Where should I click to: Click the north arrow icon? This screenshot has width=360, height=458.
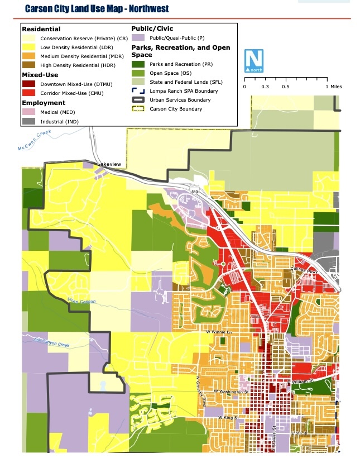[x=254, y=60]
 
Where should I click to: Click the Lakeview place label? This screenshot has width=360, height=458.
[x=109, y=164]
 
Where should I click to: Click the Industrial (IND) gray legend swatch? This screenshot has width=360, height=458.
[x=29, y=121]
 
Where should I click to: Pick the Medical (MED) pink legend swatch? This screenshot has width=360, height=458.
[x=29, y=112]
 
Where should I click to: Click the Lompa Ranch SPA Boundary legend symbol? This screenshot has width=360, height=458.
[x=138, y=91]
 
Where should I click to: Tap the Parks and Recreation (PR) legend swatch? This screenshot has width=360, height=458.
[x=138, y=64]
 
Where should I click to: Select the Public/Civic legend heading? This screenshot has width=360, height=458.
[x=152, y=28]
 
